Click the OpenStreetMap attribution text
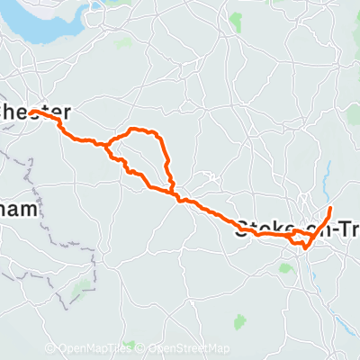click(190, 348)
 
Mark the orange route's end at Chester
click(31, 112)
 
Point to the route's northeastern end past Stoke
click(330, 209)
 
